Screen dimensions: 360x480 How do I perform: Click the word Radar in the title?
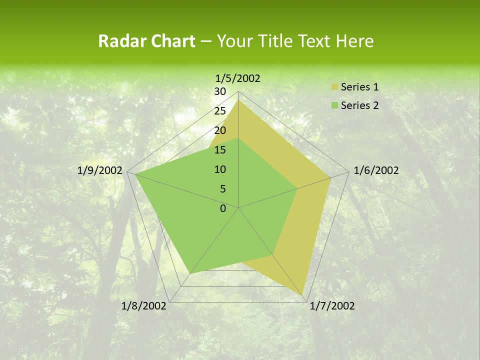(118, 41)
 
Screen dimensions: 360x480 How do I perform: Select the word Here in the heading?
(355, 41)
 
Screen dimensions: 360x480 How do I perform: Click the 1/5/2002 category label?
(237, 78)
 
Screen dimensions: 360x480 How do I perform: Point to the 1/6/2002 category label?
(376, 170)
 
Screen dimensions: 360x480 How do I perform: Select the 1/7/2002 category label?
(332, 306)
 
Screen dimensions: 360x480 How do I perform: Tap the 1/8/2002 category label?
(144, 306)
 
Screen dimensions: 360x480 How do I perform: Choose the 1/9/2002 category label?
(100, 170)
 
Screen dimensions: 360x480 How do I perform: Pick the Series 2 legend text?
(359, 105)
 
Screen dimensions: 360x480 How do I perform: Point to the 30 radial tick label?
(220, 91)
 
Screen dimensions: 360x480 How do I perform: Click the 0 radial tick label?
(223, 208)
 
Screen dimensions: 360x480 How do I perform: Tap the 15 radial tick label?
(220, 150)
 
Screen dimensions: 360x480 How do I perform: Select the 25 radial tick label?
(220, 111)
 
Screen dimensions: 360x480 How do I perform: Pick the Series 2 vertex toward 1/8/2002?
(190, 273)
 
